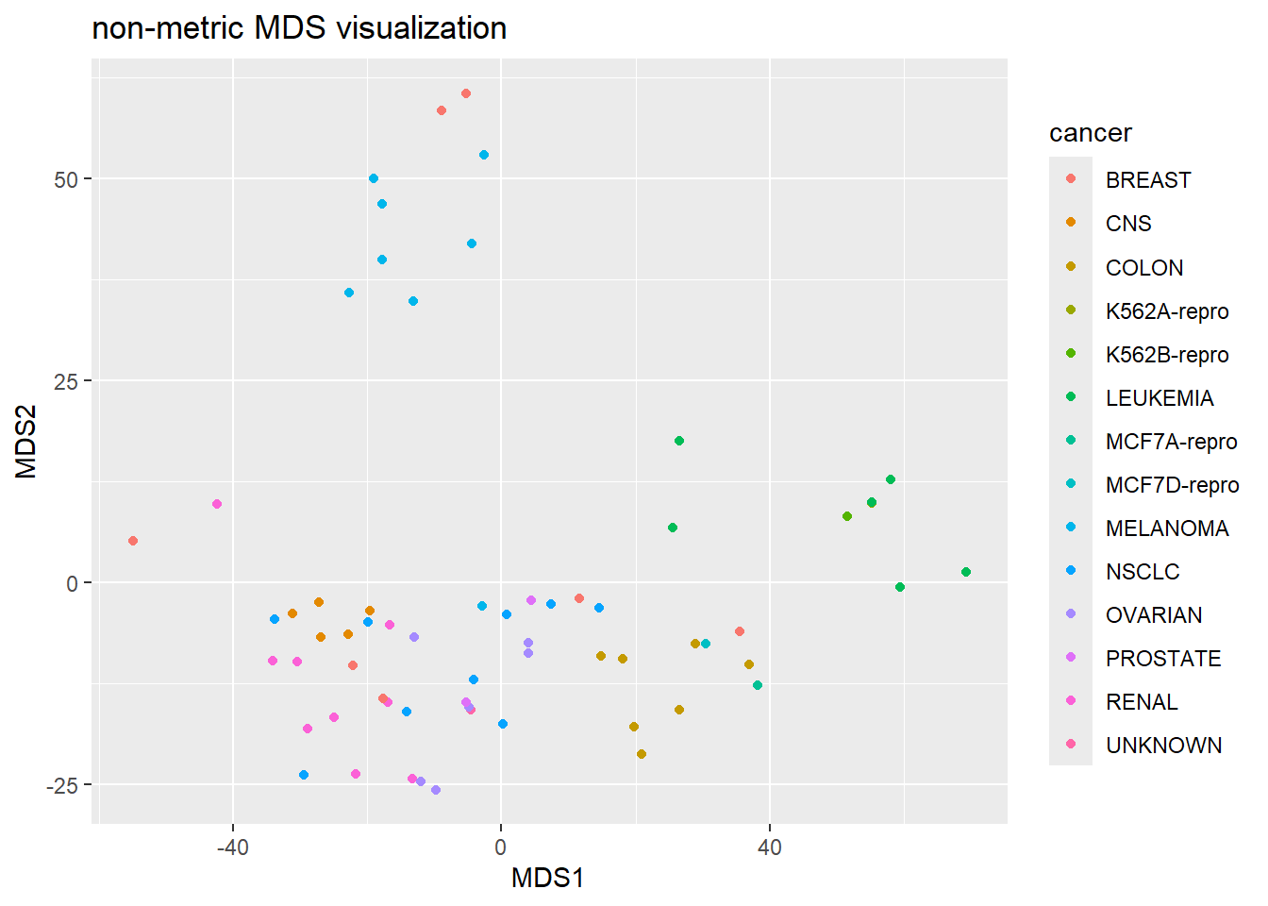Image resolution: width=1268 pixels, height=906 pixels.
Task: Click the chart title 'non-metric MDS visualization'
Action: tap(299, 28)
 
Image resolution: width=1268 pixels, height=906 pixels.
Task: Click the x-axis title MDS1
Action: tap(547, 879)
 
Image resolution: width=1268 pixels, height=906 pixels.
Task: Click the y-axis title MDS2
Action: tap(26, 442)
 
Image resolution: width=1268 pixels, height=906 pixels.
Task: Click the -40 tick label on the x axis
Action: tap(232, 847)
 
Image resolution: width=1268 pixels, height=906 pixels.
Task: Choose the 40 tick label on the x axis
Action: tap(769, 847)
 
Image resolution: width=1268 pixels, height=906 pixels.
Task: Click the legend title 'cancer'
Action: tap(1090, 133)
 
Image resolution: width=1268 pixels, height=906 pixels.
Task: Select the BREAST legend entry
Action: tap(1147, 180)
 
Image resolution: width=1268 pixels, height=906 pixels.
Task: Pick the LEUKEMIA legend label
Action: tap(1159, 398)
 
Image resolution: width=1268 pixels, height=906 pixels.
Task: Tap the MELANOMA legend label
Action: tap(1166, 528)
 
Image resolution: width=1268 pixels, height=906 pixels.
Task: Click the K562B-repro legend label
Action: tap(1166, 355)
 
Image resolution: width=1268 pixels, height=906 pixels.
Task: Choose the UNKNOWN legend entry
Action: tap(1163, 746)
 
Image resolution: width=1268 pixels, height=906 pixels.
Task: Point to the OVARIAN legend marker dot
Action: tap(1071, 614)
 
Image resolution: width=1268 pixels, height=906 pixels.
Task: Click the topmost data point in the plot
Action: tap(466, 93)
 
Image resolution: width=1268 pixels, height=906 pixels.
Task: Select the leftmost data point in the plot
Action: tap(133, 541)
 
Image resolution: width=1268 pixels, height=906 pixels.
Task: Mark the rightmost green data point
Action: tap(966, 572)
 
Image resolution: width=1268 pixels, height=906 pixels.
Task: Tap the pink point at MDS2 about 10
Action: tap(217, 504)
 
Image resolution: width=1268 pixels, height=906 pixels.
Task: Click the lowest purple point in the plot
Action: tap(436, 790)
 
